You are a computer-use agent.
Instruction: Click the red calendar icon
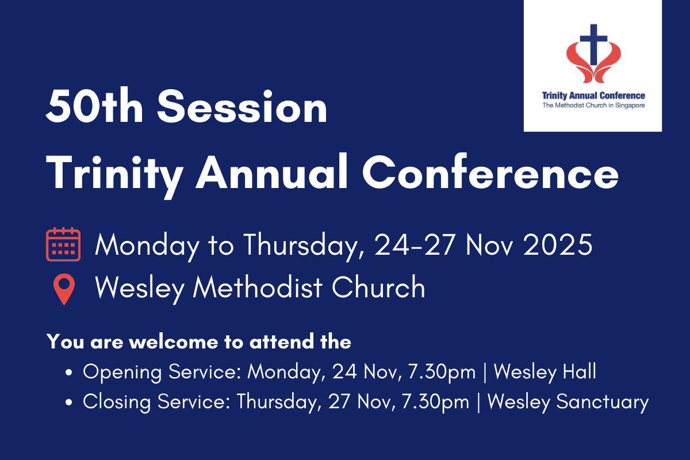pos(63,244)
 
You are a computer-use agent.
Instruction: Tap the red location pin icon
pos(64,289)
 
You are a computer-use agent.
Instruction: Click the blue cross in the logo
pos(593,44)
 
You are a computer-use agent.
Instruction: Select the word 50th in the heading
pos(94,106)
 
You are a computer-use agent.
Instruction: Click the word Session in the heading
pos(242,106)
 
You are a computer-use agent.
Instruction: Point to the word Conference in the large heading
pos(490,171)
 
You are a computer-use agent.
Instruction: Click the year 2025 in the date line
pos(558,244)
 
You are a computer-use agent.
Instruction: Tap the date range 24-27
pos(415,244)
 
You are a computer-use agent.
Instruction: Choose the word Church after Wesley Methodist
pos(378,287)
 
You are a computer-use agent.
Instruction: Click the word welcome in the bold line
pos(174,342)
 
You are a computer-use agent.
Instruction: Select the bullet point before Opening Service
pos(68,373)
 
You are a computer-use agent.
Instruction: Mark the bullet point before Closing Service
pos(68,402)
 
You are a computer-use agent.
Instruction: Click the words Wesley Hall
pos(545,371)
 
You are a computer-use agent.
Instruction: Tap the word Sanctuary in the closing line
pos(603,402)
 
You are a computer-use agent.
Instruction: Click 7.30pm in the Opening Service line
pos(442,372)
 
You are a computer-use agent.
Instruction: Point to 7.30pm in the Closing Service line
pos(436,402)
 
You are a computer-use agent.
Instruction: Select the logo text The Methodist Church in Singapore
pos(593,105)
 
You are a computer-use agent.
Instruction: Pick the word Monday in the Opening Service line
pos(286,372)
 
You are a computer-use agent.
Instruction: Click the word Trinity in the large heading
pos(115,175)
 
